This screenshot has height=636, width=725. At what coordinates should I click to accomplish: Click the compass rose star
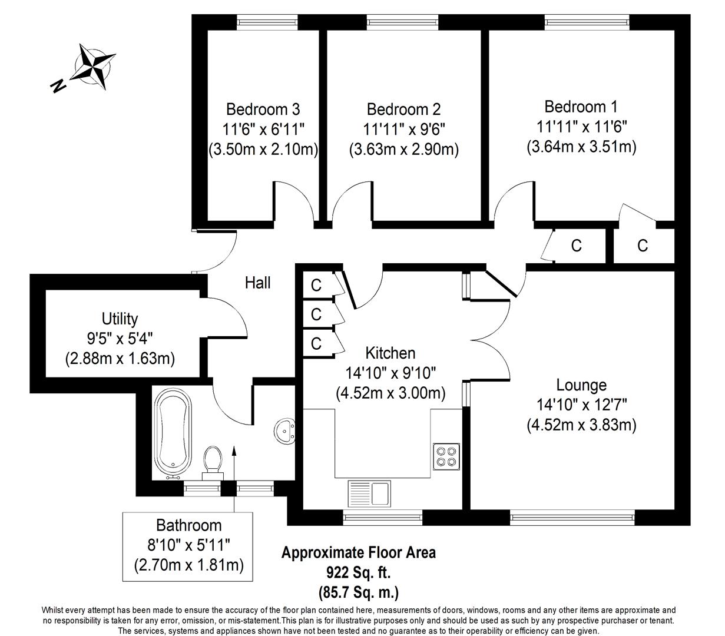pyautogui.click(x=93, y=67)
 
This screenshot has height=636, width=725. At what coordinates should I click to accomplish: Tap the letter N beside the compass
pyautogui.click(x=58, y=85)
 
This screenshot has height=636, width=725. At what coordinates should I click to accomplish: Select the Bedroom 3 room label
pyautogui.click(x=263, y=109)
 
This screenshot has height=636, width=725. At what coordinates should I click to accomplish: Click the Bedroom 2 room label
pyautogui.click(x=403, y=109)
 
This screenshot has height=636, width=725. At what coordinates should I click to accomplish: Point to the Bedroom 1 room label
pyautogui.click(x=581, y=107)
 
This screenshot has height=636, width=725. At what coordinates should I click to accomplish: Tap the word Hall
pyautogui.click(x=257, y=283)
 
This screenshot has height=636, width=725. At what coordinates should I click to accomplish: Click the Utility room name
pyautogui.click(x=120, y=319)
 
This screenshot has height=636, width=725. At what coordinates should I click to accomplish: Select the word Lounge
pyautogui.click(x=581, y=385)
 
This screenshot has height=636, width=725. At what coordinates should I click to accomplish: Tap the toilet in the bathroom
pyautogui.click(x=213, y=463)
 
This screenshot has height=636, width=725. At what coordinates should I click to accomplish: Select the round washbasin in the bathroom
pyautogui.click(x=285, y=431)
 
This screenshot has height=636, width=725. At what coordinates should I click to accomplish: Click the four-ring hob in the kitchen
pyautogui.click(x=446, y=456)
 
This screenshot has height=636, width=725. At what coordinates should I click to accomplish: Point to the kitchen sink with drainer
pyautogui.click(x=369, y=493)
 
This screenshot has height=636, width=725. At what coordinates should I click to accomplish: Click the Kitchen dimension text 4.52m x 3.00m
pyautogui.click(x=390, y=393)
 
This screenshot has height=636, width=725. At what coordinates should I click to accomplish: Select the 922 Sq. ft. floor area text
pyautogui.click(x=359, y=572)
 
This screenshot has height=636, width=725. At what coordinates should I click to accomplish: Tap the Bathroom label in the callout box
pyautogui.click(x=188, y=525)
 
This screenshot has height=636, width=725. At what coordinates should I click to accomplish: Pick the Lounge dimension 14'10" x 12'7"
pyautogui.click(x=581, y=405)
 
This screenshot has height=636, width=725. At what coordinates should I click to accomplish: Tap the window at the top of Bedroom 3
pyautogui.click(x=267, y=22)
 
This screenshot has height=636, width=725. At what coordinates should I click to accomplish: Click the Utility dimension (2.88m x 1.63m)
pyautogui.click(x=120, y=359)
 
